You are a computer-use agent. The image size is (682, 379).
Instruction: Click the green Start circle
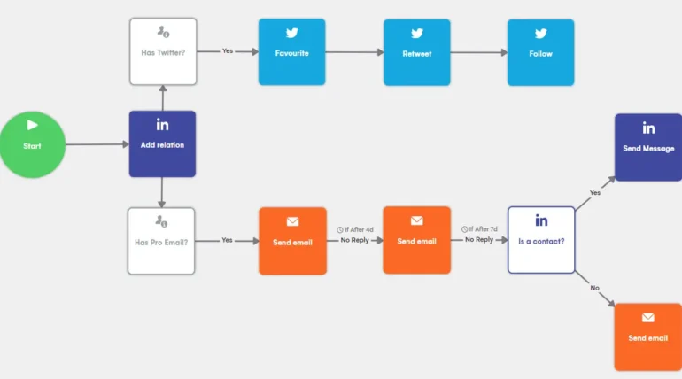pos(33,144)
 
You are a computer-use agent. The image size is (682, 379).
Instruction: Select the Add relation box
pos(162,143)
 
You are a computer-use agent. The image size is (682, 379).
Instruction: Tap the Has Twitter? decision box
pos(163,51)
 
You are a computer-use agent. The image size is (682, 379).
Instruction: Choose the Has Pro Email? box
pos(161,241)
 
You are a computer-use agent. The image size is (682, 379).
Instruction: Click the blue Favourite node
pos(291,52)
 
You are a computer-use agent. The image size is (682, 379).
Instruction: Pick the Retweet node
pos(416,52)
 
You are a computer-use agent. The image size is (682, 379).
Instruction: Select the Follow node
pos(540,52)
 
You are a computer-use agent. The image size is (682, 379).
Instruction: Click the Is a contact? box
pos(541,240)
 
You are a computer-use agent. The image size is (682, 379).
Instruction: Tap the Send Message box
pos(648,147)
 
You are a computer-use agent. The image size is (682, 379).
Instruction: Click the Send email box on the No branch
pos(648,336)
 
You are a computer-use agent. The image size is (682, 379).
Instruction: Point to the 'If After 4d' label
pos(355,229)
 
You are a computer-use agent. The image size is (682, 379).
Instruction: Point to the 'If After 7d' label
pos(479,229)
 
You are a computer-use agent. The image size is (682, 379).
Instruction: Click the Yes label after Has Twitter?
pos(228,51)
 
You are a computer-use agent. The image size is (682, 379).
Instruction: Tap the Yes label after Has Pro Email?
pos(228,240)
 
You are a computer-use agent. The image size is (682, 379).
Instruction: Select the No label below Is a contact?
pos(594,288)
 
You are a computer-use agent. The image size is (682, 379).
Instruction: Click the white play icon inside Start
pos(33,125)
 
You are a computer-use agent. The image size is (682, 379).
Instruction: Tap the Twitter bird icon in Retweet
pos(416,34)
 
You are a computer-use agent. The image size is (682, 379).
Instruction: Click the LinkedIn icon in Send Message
pos(648,128)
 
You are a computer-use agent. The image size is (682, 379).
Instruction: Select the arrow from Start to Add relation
pos(97,144)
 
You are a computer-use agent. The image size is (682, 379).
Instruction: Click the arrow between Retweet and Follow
pos(478,52)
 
